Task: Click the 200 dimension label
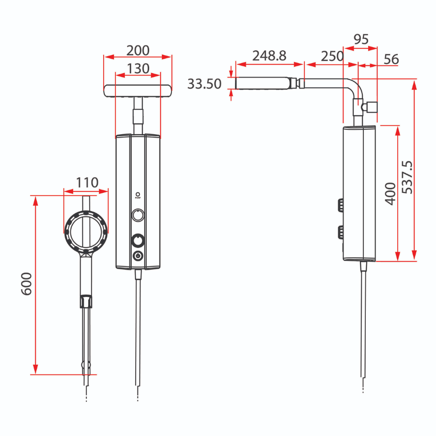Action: pyautogui.click(x=138, y=50)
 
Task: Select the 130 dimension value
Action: pyautogui.click(x=138, y=68)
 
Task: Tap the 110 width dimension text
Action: pyautogui.click(x=87, y=183)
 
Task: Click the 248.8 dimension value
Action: pyautogui.click(x=269, y=56)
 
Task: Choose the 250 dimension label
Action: pyautogui.click(x=332, y=56)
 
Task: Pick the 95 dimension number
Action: pyautogui.click(x=360, y=40)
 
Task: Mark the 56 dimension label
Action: pyautogui.click(x=391, y=59)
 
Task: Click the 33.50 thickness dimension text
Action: pyautogui.click(x=204, y=84)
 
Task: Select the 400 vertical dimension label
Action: pyautogui.click(x=390, y=194)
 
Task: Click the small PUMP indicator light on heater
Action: pyautogui.click(x=138, y=194)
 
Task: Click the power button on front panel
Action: pyautogui.click(x=138, y=256)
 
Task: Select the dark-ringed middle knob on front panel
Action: pyautogui.click(x=138, y=240)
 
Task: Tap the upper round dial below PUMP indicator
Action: pyautogui.click(x=138, y=215)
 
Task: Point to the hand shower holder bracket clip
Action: pyautogui.click(x=86, y=301)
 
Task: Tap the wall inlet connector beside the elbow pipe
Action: pyautogui.click(x=371, y=108)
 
